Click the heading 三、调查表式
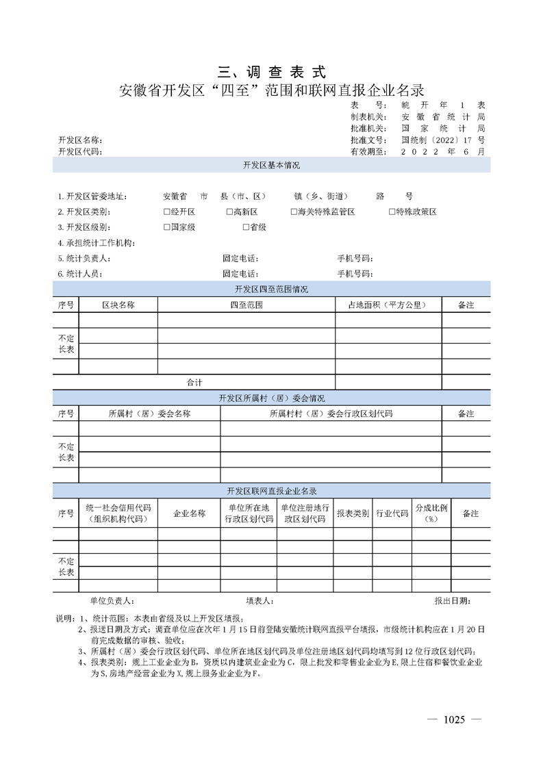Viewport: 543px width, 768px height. pyautogui.click(x=271, y=71)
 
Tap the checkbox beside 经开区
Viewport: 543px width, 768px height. pyautogui.click(x=166, y=212)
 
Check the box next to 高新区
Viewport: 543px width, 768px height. pyautogui.click(x=229, y=212)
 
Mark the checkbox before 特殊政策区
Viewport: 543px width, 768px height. pyautogui.click(x=392, y=212)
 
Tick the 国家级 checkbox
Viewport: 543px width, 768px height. pyautogui.click(x=166, y=227)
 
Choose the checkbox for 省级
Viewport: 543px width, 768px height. pyautogui.click(x=245, y=227)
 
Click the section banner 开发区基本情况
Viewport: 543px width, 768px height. pyautogui.click(x=271, y=166)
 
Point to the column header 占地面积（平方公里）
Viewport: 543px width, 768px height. pyautogui.click(x=388, y=305)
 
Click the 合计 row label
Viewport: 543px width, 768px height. pyautogui.click(x=194, y=382)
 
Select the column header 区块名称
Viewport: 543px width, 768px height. pyautogui.click(x=118, y=305)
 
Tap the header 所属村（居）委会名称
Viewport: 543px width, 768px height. pyautogui.click(x=149, y=413)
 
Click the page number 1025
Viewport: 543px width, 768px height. pyautogui.click(x=454, y=719)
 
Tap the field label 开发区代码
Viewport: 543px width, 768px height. pyautogui.click(x=79, y=151)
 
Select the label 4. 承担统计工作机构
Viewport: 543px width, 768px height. pyautogui.click(x=97, y=243)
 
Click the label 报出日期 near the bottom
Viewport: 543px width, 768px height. pyautogui.click(x=451, y=600)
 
